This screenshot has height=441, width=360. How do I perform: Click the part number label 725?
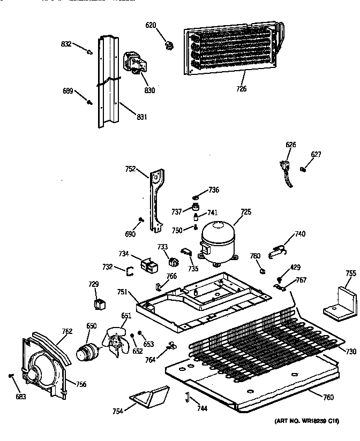click(245, 212)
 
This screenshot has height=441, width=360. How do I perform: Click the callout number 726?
click(241, 88)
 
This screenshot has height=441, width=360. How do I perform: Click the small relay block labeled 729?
click(99, 305)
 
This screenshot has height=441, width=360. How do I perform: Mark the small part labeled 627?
click(304, 170)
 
